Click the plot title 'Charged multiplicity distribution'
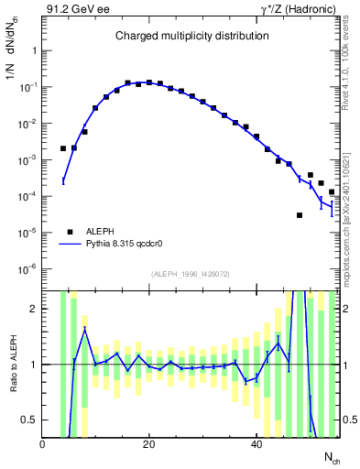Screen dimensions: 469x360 (x=191, y=37)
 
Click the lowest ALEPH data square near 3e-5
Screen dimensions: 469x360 (x=300, y=215)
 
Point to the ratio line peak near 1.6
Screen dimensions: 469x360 (x=84, y=329)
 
